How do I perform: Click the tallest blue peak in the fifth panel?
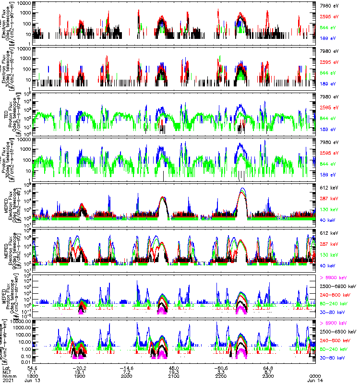[242, 189]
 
